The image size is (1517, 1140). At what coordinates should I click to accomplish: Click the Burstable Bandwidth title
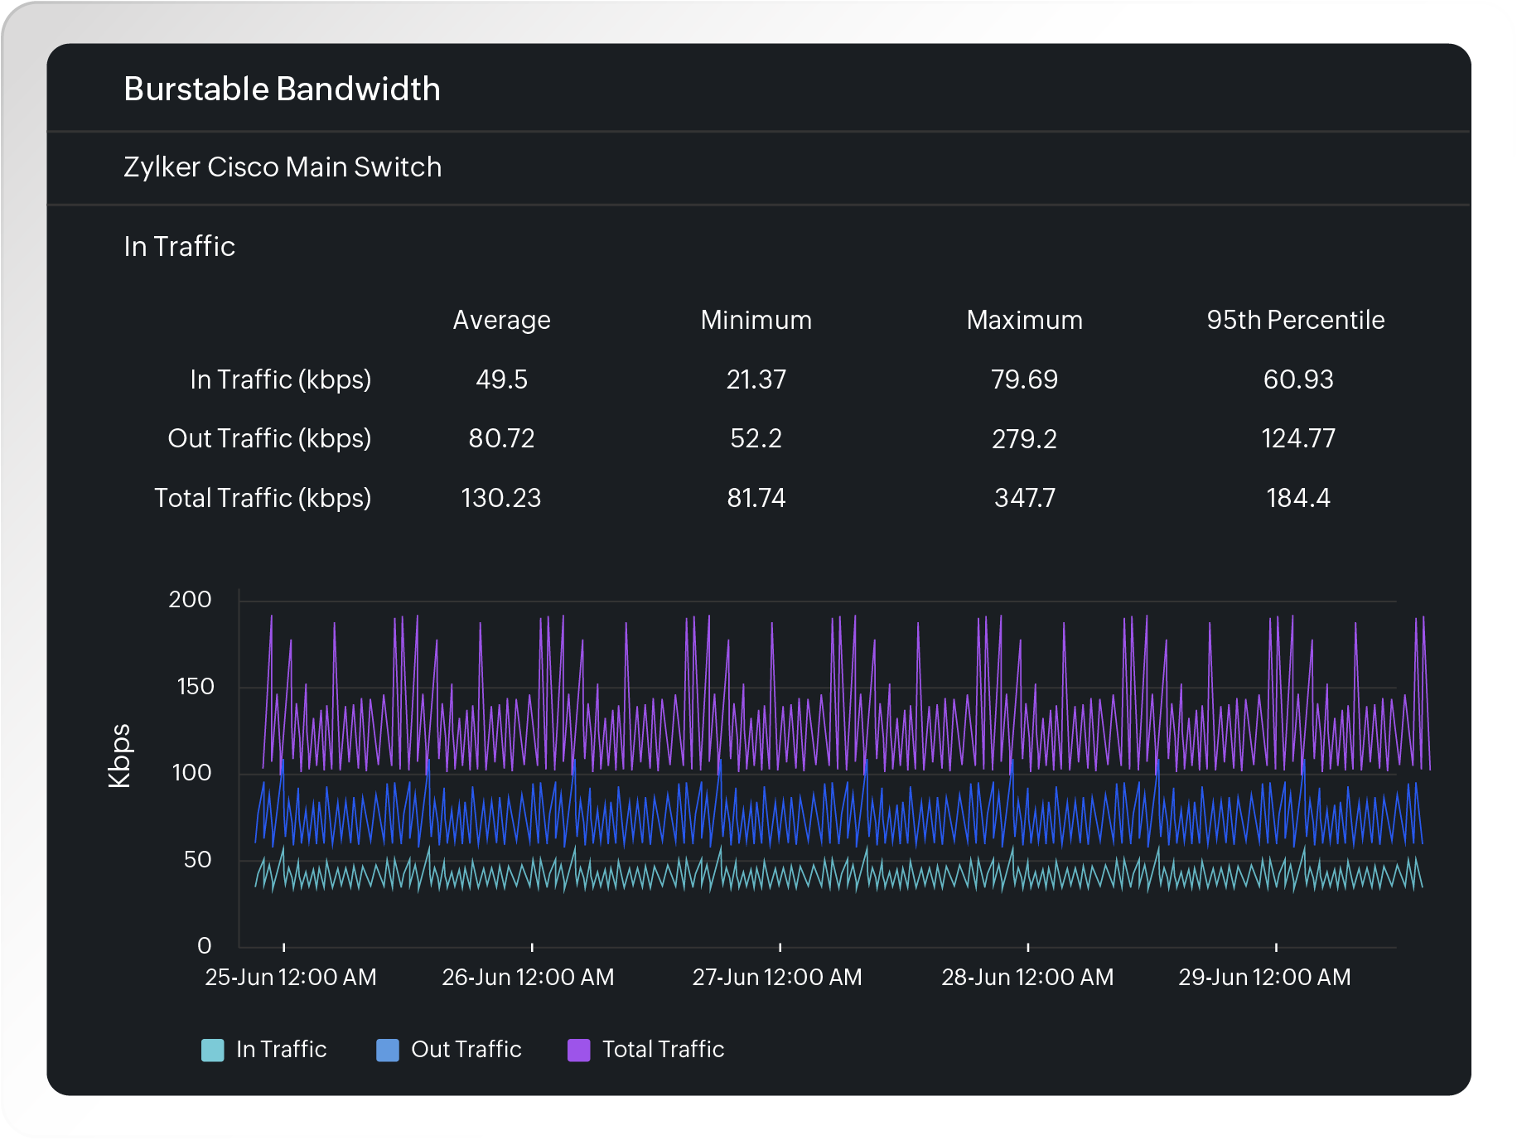pyautogui.click(x=282, y=89)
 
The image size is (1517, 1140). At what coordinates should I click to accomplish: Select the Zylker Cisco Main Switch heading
pyautogui.click(x=282, y=167)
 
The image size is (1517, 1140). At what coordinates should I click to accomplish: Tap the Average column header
pyautogui.click(x=501, y=321)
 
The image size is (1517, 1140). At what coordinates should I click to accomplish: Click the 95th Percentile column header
pyautogui.click(x=1295, y=321)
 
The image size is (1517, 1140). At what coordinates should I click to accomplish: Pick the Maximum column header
pyautogui.click(x=1024, y=321)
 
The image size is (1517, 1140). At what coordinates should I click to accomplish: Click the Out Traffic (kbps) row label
pyautogui.click(x=269, y=438)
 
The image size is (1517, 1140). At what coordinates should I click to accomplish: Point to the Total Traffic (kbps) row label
pyautogui.click(x=263, y=498)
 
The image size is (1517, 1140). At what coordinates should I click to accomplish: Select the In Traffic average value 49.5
pyautogui.click(x=501, y=379)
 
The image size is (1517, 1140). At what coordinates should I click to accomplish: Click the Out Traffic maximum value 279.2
pyautogui.click(x=1024, y=438)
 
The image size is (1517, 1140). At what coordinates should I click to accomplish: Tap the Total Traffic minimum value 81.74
pyautogui.click(x=756, y=498)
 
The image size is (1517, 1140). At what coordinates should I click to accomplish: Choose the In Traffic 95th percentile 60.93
pyautogui.click(x=1297, y=379)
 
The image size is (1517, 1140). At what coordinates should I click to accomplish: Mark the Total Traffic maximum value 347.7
pyautogui.click(x=1024, y=498)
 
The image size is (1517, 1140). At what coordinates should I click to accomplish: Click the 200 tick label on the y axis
pyautogui.click(x=190, y=600)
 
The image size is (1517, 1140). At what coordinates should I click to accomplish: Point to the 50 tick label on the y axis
pyautogui.click(x=197, y=860)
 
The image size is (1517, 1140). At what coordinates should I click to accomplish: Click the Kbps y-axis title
pyautogui.click(x=119, y=756)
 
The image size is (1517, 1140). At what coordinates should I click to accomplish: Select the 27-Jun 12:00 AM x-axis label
pyautogui.click(x=777, y=978)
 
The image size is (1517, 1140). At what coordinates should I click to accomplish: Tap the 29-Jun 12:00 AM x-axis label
pyautogui.click(x=1264, y=978)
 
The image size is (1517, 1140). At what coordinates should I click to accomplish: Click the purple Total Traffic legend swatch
pyautogui.click(x=578, y=1050)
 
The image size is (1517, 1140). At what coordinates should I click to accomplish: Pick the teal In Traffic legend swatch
pyautogui.click(x=213, y=1050)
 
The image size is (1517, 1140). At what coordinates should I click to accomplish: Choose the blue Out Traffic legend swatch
pyautogui.click(x=387, y=1050)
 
